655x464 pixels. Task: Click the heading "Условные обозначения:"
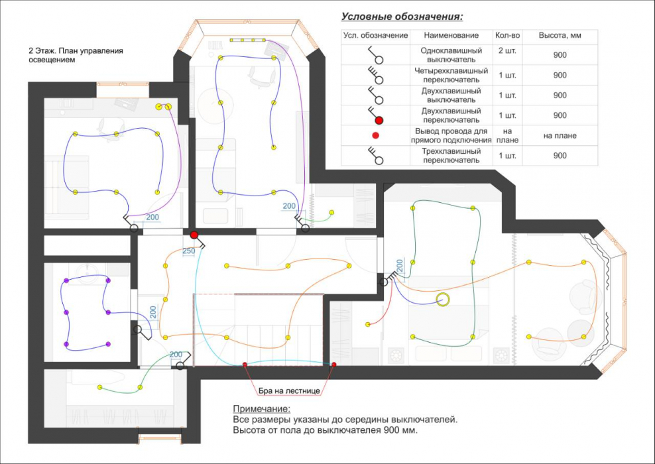coord(402,17)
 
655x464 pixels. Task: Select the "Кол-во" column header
coord(508,36)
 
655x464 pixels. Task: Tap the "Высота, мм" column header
coord(560,36)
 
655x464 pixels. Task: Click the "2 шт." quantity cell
coord(508,51)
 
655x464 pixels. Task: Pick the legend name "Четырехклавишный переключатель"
coord(451,75)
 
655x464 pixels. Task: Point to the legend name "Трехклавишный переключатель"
coord(451,155)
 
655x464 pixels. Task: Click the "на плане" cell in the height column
coord(560,135)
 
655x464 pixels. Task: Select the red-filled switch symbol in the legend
coord(376,115)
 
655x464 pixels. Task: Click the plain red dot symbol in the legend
coord(375,135)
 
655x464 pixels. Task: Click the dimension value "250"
coord(189,251)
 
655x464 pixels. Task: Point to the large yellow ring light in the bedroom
coord(443,299)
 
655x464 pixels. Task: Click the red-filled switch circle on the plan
coord(194,235)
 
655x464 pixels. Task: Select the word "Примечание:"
coord(261,409)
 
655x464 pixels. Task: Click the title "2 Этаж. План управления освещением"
coord(76,55)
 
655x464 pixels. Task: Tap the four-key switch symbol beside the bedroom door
coord(388,278)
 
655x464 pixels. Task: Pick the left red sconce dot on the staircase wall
coord(245,365)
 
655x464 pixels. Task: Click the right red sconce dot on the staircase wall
coord(333,365)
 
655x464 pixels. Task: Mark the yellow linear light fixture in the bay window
coord(247,40)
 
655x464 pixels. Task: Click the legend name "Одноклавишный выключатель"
coord(451,55)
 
